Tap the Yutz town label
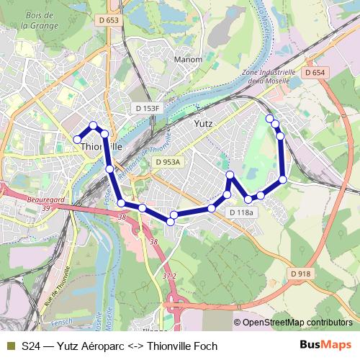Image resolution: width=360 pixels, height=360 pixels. point(204,123)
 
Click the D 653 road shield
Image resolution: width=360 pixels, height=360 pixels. point(109,20)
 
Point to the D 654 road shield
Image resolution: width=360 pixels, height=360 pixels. point(315,73)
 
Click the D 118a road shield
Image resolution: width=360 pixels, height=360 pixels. point(241,212)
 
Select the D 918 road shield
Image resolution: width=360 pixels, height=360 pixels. point(302,274)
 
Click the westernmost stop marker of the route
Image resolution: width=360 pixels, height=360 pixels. point(77,139)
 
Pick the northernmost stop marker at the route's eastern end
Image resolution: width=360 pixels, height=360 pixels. point(269,118)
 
